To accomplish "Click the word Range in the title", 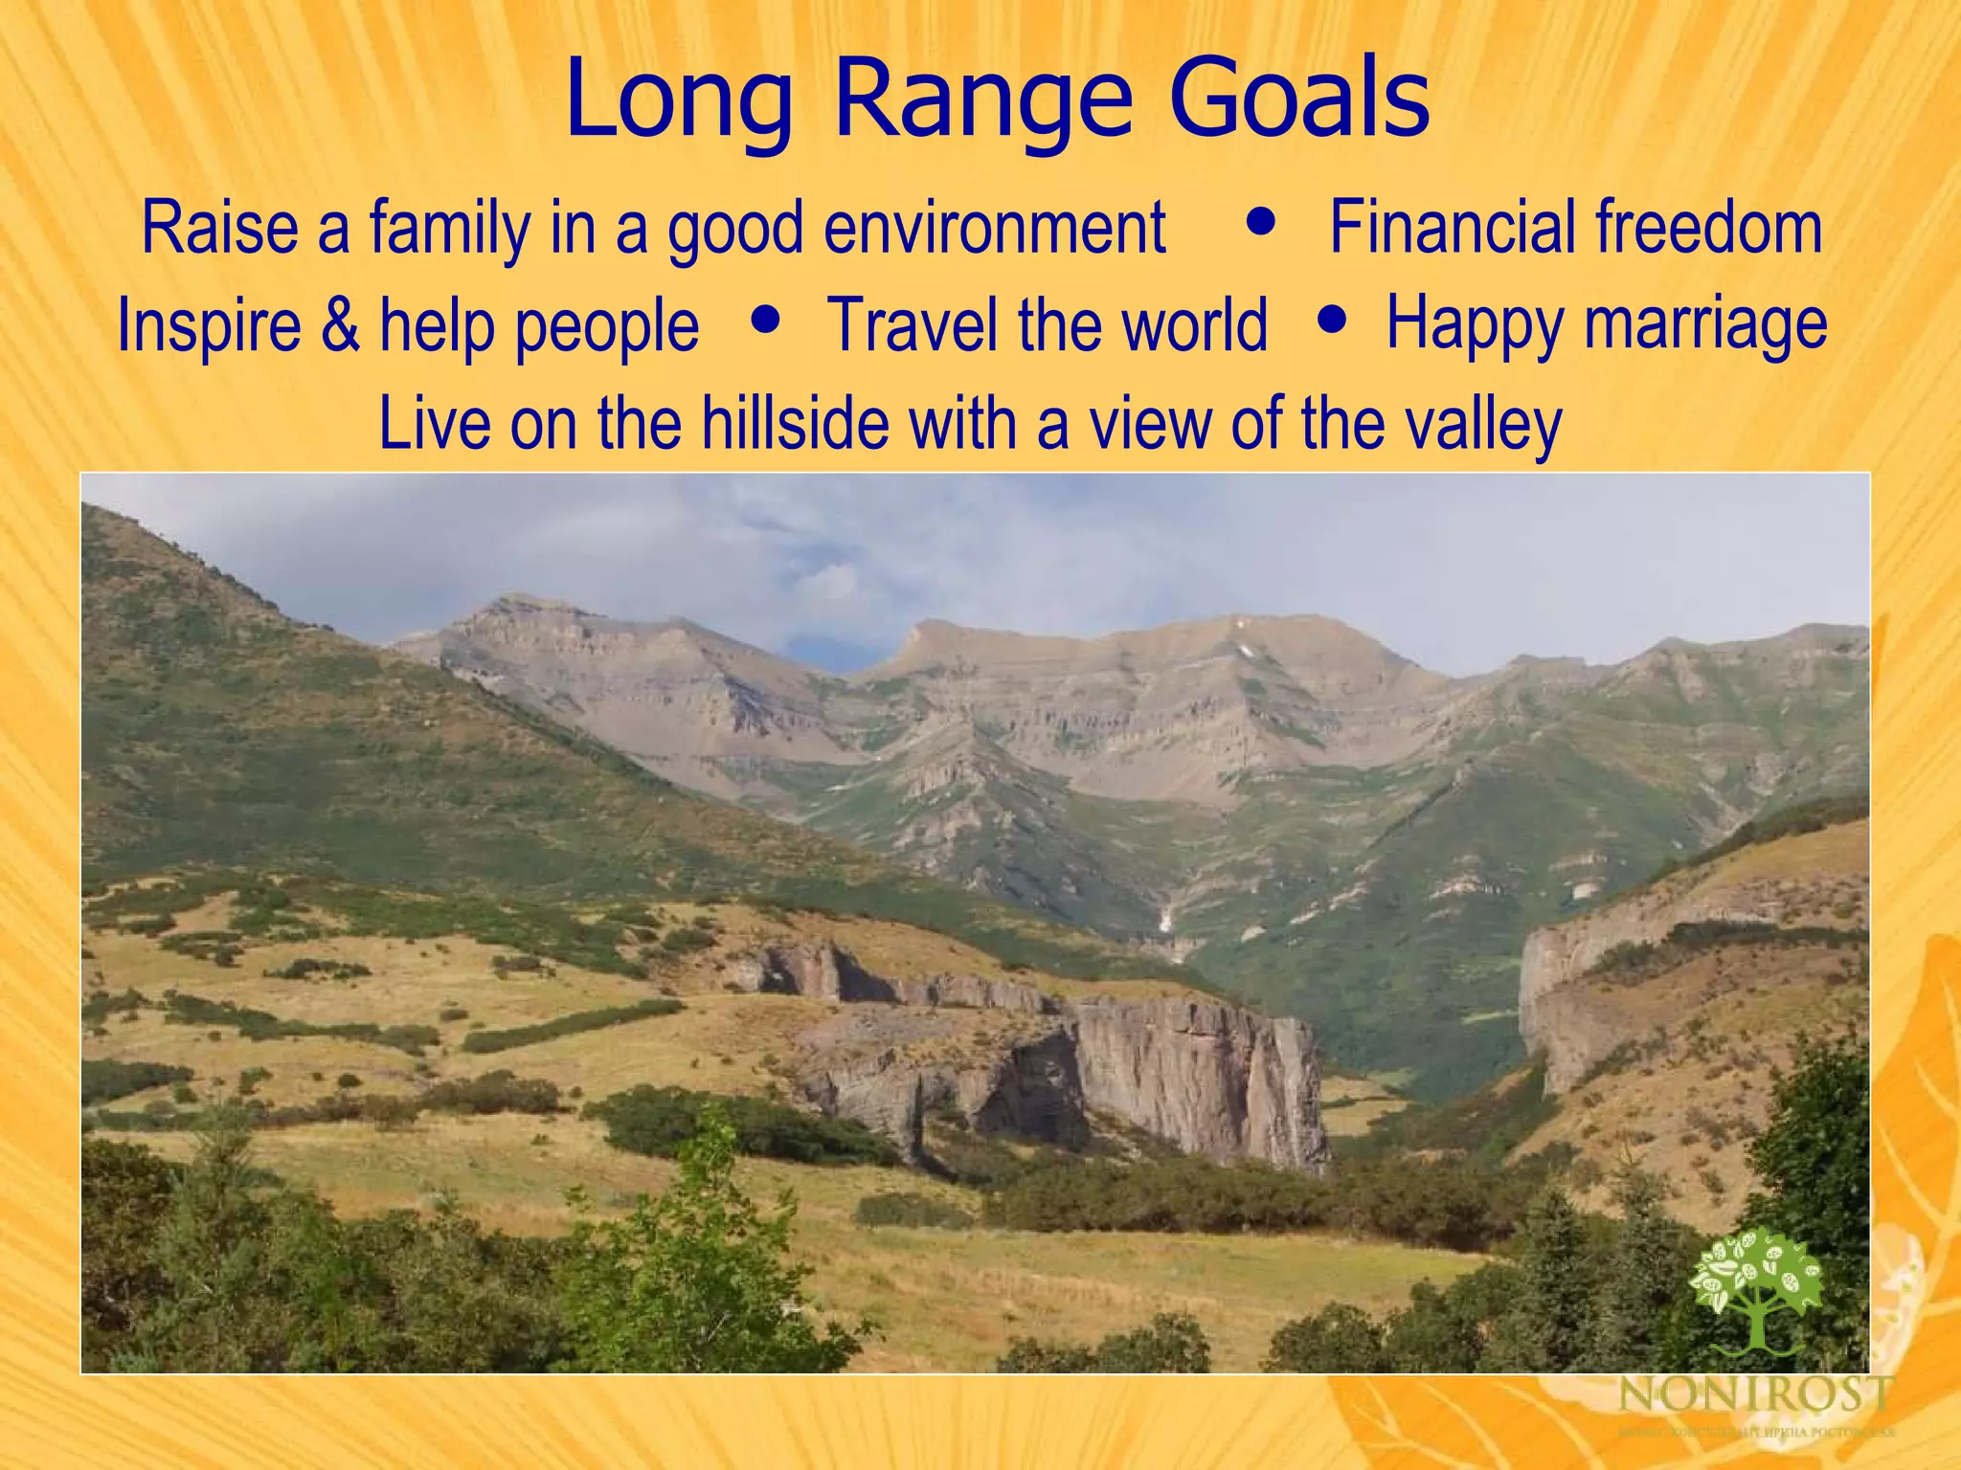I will [982, 100].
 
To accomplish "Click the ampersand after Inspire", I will [340, 325].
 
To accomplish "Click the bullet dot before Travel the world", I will [765, 317].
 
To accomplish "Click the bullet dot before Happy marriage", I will [1332, 316].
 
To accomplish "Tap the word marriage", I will [1705, 323].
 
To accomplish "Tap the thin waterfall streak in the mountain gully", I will [1165, 921].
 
